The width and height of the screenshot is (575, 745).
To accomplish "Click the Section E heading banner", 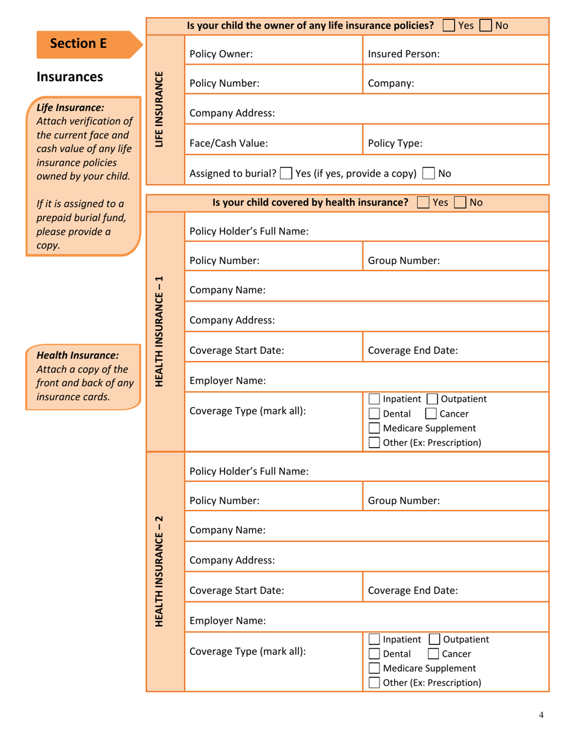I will click(x=79, y=44).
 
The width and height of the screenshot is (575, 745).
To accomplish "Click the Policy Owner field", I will click(x=272, y=53).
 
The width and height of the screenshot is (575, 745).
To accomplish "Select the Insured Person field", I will click(x=455, y=53).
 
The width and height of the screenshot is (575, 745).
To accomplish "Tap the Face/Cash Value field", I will click(x=272, y=144).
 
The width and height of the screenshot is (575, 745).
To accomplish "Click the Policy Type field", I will click(x=455, y=144).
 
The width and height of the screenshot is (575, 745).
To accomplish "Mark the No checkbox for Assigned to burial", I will click(x=428, y=174).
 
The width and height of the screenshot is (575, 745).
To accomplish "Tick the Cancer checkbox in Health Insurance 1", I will click(x=429, y=414).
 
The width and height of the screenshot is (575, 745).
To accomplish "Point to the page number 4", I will click(x=541, y=715).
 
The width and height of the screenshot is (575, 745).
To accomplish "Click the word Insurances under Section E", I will click(x=70, y=77).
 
